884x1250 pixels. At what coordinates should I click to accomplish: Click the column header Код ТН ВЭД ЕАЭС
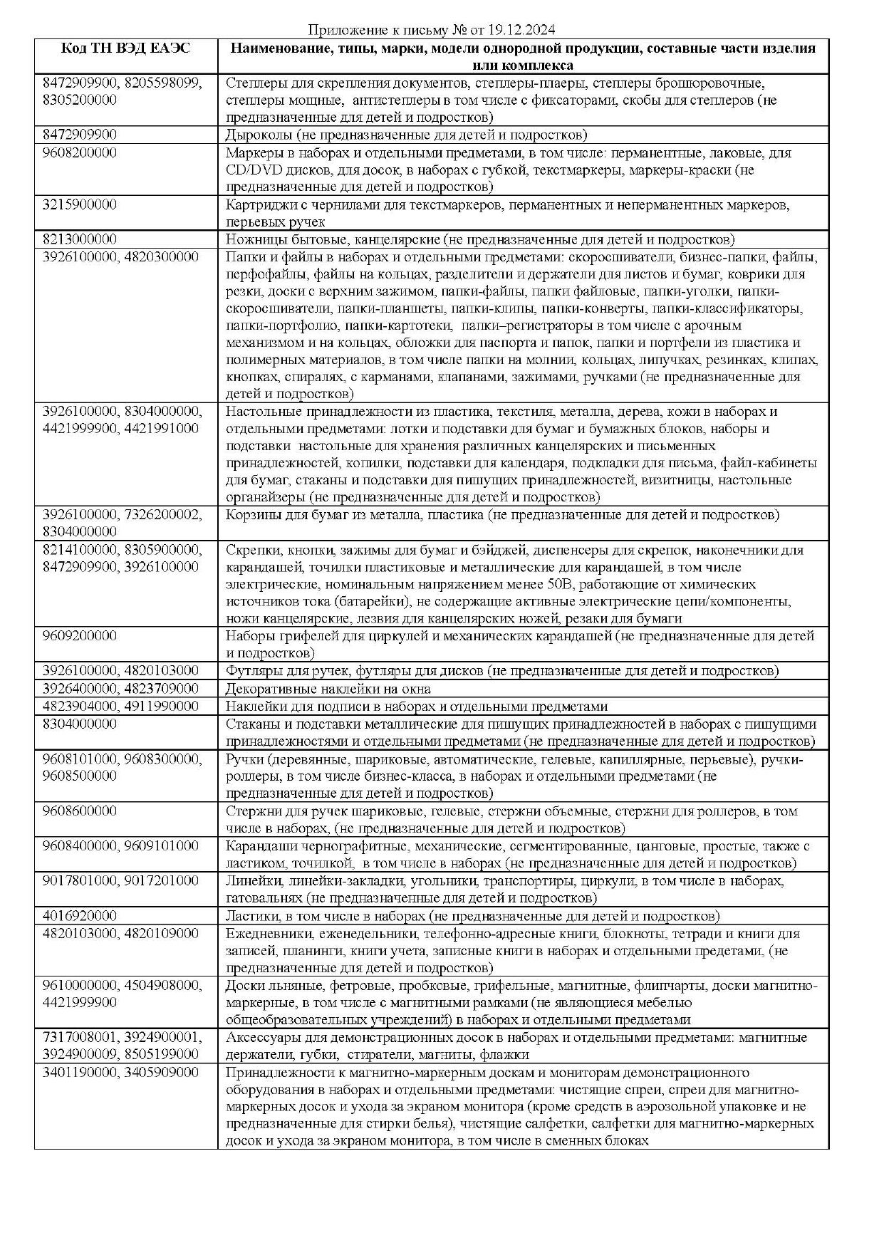pyautogui.click(x=125, y=49)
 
